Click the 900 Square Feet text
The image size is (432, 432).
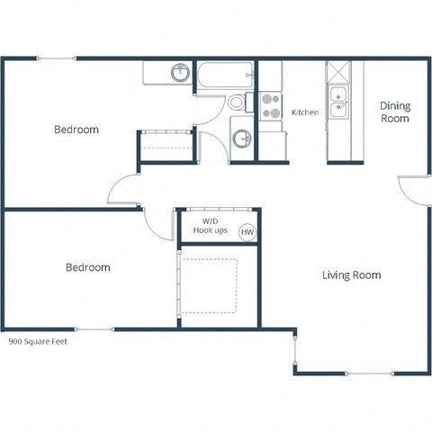tap(38, 342)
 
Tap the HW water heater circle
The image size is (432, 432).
tap(247, 232)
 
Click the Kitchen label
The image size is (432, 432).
tap(305, 112)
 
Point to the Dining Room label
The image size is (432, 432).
tap(394, 112)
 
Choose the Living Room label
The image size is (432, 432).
tap(351, 274)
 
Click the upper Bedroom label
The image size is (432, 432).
tap(76, 130)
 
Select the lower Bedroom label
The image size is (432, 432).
tap(88, 267)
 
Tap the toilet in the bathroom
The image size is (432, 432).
tap(238, 102)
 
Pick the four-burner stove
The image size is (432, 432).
tap(270, 106)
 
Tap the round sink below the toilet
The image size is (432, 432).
tap(241, 139)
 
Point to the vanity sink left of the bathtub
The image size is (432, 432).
tap(180, 73)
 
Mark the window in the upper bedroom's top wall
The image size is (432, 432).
tap(56, 59)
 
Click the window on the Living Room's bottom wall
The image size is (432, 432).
tap(369, 373)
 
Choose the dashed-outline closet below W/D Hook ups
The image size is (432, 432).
tap(210, 286)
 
